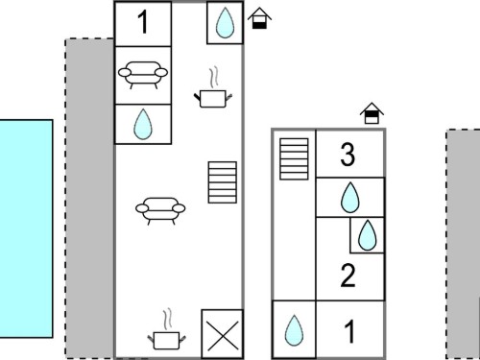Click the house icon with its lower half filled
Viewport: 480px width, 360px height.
[259, 18]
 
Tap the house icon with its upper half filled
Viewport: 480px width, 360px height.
[372, 113]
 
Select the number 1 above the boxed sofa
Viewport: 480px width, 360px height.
[143, 22]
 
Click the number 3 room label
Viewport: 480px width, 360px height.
[348, 155]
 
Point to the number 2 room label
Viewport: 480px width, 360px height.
[348, 276]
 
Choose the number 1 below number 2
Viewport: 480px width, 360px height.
[349, 332]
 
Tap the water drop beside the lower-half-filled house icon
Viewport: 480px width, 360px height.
[225, 22]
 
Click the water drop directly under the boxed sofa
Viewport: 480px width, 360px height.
[143, 124]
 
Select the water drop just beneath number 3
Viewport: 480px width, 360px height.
[350, 198]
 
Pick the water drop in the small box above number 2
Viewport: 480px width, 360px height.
[368, 235]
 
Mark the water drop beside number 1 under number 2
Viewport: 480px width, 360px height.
[294, 330]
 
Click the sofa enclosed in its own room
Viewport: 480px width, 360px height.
[143, 75]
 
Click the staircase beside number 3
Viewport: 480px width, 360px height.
[294, 159]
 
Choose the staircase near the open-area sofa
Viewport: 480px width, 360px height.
[223, 182]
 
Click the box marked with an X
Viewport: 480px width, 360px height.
[223, 334]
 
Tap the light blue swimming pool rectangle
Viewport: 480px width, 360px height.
[26, 228]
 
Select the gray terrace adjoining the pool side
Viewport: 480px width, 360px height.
[89, 199]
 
